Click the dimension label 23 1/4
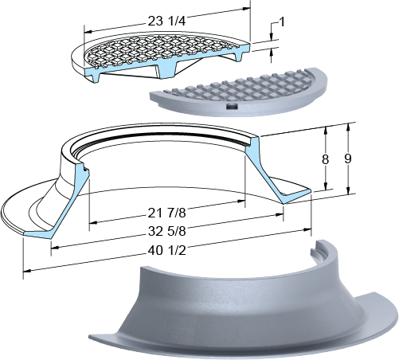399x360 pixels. [166, 21]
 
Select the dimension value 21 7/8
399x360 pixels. [166, 213]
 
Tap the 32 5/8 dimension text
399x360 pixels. [166, 231]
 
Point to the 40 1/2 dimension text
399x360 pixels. [166, 250]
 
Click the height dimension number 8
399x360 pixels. [325, 159]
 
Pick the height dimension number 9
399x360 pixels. [348, 158]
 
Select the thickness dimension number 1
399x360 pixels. [282, 22]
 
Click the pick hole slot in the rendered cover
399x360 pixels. [233, 107]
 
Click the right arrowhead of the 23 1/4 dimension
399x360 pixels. [247, 8]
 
